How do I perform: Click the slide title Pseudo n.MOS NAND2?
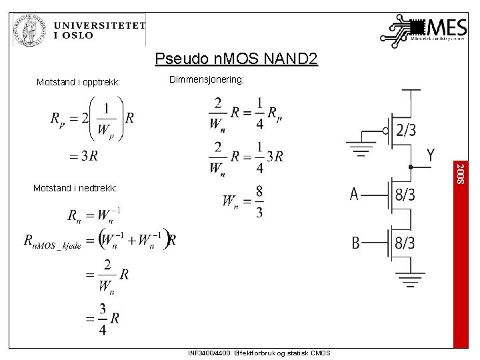click(236, 59)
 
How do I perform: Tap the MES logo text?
click(444, 28)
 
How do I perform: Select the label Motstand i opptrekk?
click(78, 83)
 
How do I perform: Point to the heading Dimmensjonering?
click(207, 79)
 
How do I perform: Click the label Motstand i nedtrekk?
click(75, 189)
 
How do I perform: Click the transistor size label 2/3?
click(407, 131)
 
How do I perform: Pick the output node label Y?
click(431, 155)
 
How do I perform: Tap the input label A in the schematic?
click(354, 195)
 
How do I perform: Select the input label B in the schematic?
click(356, 243)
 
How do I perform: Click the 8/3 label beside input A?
click(405, 195)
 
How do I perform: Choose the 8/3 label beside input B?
click(405, 243)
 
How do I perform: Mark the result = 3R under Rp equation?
click(83, 156)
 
